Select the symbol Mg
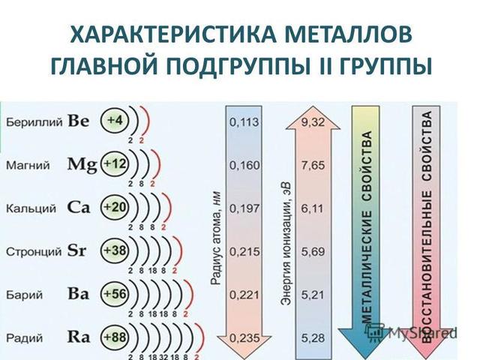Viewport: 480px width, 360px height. [82, 163]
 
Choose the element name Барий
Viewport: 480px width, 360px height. [21, 293]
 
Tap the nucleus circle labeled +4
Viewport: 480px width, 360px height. [115, 121]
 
